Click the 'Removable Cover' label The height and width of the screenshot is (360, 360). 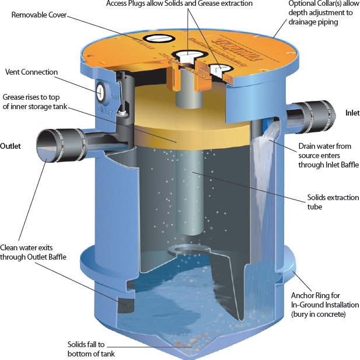pos(39,15)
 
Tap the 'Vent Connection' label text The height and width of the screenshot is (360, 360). pos(32,72)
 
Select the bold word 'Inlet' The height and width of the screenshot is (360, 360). pos(352,113)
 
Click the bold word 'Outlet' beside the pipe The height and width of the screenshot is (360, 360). pos(11,146)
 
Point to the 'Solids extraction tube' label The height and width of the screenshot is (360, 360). pos(333,202)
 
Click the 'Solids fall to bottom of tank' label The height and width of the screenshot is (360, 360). pos(91,349)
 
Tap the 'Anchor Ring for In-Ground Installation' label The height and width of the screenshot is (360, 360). pos(325,305)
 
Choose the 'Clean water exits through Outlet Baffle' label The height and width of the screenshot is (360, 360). pos(33,252)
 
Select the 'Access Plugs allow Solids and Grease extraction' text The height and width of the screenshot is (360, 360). pos(179,4)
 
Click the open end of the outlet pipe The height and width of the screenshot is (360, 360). pos(47,145)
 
